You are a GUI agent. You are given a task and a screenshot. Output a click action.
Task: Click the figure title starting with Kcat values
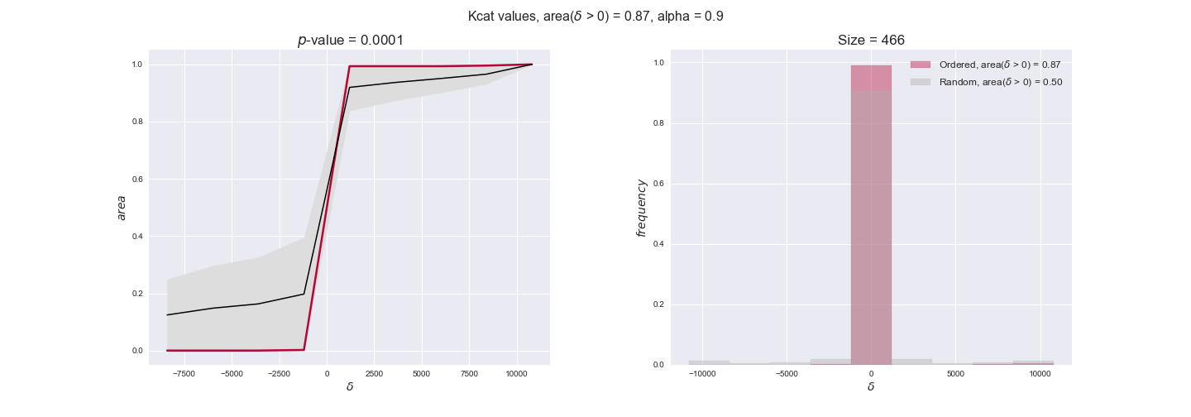coord(595,16)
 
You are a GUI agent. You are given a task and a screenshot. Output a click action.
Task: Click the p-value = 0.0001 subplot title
coord(351,41)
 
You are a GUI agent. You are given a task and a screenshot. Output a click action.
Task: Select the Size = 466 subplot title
coord(871,41)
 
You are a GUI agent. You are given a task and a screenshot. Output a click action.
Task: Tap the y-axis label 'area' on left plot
coord(122,207)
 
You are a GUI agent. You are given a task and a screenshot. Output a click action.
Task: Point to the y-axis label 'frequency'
coord(640,207)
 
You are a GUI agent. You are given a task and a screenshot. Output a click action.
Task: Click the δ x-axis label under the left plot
coord(349,386)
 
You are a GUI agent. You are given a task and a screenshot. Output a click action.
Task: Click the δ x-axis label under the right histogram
coord(871,386)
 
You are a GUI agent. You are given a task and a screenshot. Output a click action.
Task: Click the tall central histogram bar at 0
coord(871,215)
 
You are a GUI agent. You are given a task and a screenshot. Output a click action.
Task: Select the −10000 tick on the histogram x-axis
coord(702,373)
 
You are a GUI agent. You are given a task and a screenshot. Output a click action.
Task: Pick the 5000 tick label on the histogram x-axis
coord(955,373)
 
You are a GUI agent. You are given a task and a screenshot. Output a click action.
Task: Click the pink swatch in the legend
coord(921,65)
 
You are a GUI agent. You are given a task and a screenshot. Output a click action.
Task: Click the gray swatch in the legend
coord(921,82)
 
